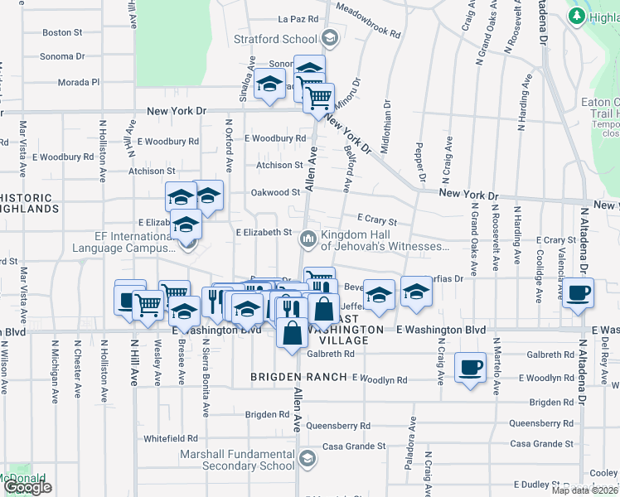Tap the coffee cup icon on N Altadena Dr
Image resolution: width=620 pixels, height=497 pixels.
(578, 292)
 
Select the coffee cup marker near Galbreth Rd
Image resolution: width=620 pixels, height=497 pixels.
(470, 365)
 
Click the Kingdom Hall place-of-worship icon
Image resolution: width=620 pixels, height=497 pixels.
(308, 239)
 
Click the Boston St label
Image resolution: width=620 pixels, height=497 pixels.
(62, 33)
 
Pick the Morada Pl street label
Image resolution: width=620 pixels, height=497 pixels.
(79, 83)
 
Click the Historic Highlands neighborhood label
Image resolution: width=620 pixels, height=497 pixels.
(30, 204)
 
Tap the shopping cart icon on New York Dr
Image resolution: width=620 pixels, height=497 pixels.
(317, 99)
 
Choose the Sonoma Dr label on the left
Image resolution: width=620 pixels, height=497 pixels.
(62, 57)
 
